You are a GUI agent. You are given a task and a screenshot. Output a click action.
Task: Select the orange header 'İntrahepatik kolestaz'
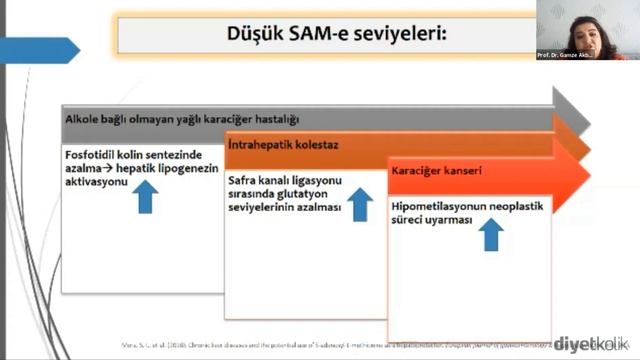(283, 146)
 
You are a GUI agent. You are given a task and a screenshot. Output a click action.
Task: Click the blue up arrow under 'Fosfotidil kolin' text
(146, 196)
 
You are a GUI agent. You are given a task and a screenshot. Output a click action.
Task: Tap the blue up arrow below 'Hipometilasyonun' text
(490, 236)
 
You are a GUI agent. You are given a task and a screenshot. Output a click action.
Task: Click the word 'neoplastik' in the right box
(526, 207)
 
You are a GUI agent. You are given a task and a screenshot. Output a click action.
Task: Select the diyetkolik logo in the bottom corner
(589, 344)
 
